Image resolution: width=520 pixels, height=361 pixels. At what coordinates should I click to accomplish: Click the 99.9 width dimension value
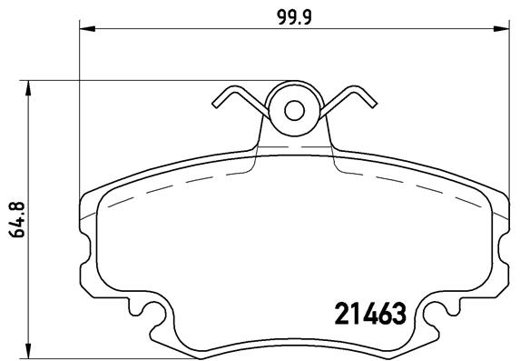click(x=291, y=15)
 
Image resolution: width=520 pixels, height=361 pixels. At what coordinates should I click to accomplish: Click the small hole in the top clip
click(x=294, y=111)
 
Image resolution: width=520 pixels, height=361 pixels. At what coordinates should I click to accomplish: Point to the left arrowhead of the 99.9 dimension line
click(x=87, y=31)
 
